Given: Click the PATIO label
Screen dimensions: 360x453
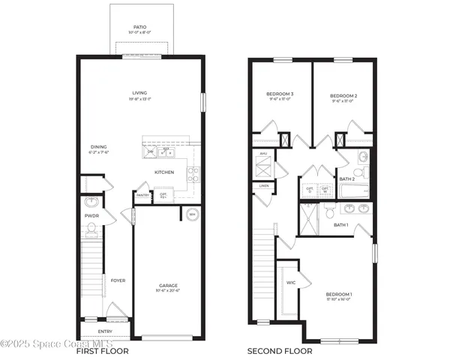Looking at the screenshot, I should (x=141, y=26).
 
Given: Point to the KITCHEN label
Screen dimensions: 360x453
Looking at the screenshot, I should (x=164, y=172).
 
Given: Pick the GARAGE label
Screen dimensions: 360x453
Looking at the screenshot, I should (x=168, y=285).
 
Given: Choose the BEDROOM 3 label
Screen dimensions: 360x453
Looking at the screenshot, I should (x=280, y=94).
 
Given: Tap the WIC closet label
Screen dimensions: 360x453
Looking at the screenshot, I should (x=290, y=283).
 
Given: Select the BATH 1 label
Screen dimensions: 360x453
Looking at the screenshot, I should (x=341, y=225).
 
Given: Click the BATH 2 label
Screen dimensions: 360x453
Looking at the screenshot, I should (x=346, y=179).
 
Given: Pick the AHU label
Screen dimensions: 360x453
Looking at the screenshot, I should (x=263, y=154).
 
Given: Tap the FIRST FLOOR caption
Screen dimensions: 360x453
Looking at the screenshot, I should (x=103, y=351).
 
